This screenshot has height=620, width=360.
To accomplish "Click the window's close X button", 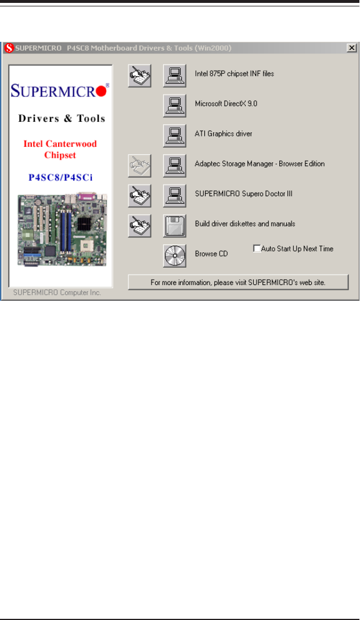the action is pyautogui.click(x=351, y=48).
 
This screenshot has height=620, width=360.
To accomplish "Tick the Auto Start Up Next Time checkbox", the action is pyautogui.click(x=257, y=248).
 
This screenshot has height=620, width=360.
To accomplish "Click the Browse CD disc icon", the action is pyautogui.click(x=175, y=255).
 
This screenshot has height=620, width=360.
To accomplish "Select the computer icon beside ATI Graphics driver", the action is pyautogui.click(x=175, y=134).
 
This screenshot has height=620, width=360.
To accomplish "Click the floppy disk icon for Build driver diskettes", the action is pyautogui.click(x=175, y=225).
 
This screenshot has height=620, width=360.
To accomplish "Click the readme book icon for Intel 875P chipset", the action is pyautogui.click(x=139, y=75).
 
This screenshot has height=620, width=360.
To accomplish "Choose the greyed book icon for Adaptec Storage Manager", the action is pyautogui.click(x=139, y=165).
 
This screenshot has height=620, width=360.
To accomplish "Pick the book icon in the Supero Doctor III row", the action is pyautogui.click(x=139, y=195).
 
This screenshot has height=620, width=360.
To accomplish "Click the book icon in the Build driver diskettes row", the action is pyautogui.click(x=139, y=225).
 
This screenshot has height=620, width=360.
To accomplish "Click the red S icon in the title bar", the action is pyautogui.click(x=9, y=48).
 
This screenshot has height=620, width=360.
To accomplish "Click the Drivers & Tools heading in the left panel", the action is pyautogui.click(x=61, y=118).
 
